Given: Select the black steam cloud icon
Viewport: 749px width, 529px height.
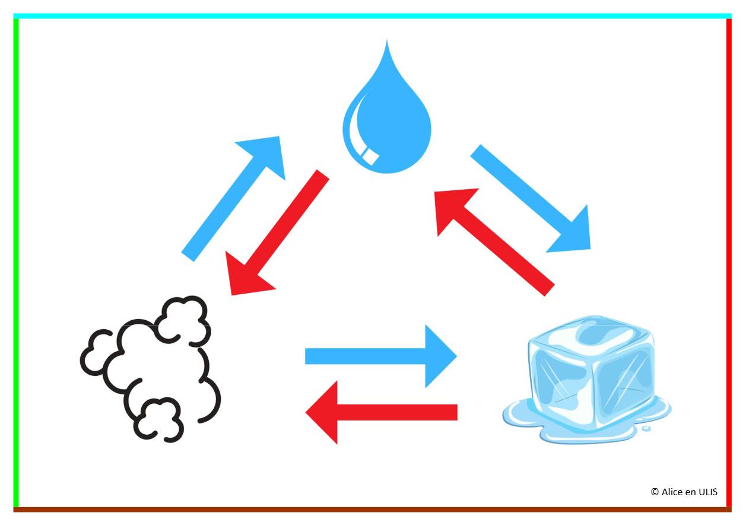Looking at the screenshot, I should (151, 368).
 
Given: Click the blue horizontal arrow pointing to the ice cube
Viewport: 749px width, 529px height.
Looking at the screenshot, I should (380, 356).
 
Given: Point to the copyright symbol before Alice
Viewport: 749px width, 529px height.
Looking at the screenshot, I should (655, 492).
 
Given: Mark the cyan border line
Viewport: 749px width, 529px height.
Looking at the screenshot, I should (374, 16).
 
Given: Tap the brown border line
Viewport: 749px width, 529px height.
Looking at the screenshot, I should (374, 509).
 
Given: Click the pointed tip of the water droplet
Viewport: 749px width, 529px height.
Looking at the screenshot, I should (387, 43).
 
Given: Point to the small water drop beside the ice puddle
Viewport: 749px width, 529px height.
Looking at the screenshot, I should (647, 428).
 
